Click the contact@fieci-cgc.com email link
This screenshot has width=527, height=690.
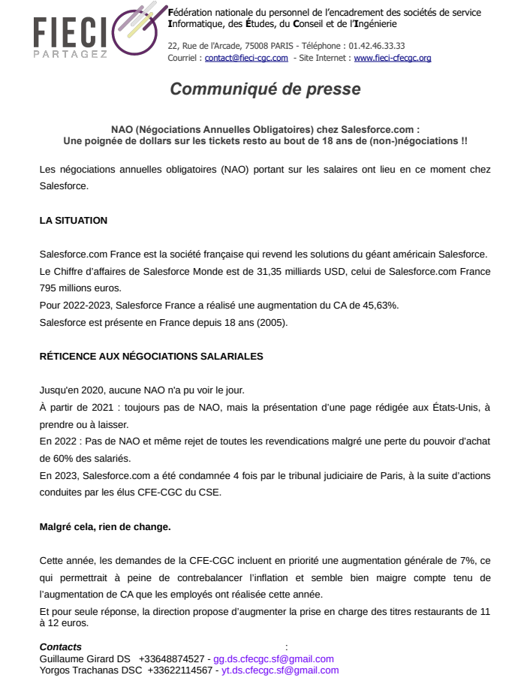(246, 58)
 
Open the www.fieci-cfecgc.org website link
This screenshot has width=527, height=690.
(392, 58)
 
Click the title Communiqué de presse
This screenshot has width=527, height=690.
(265, 89)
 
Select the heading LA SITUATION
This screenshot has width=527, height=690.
(74, 221)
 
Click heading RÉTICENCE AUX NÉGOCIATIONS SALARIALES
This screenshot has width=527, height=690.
(151, 356)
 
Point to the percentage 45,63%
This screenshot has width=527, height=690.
(381, 305)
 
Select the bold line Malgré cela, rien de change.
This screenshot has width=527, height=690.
(105, 526)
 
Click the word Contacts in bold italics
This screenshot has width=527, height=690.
(61, 647)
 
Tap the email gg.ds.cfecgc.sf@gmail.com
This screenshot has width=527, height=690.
(273, 658)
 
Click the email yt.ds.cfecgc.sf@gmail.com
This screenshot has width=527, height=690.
(280, 670)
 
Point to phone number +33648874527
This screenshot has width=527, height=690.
(171, 658)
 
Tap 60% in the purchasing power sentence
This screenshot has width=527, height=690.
(54, 458)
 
